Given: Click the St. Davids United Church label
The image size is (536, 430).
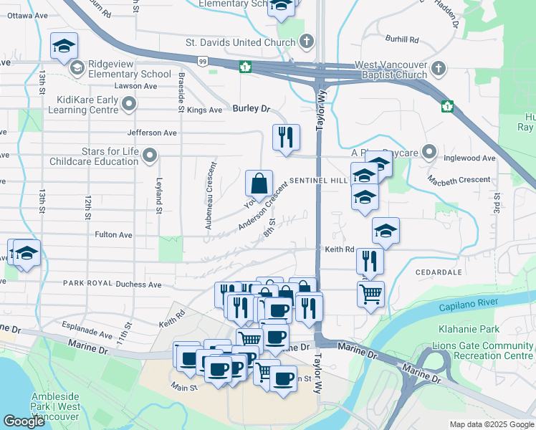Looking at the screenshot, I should (x=240, y=42).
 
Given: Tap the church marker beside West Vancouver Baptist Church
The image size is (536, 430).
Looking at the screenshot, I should (x=439, y=69).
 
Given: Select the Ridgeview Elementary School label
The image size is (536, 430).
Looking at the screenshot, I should (x=130, y=74).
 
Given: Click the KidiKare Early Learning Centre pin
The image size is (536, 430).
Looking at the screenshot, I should (x=130, y=105).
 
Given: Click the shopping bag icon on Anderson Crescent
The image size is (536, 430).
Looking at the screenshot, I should (x=259, y=183).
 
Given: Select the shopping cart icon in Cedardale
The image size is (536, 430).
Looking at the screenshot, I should (x=370, y=292).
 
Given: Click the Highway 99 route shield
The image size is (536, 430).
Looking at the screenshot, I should (x=204, y=62).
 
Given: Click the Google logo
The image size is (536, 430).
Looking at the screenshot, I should (x=24, y=421).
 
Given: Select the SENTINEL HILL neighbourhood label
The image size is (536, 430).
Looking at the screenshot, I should (x=319, y=182).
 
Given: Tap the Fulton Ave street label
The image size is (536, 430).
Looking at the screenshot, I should (x=113, y=234).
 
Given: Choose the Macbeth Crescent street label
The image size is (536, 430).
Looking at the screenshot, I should (x=459, y=179).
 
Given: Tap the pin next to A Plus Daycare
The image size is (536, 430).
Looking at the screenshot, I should (x=429, y=152).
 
